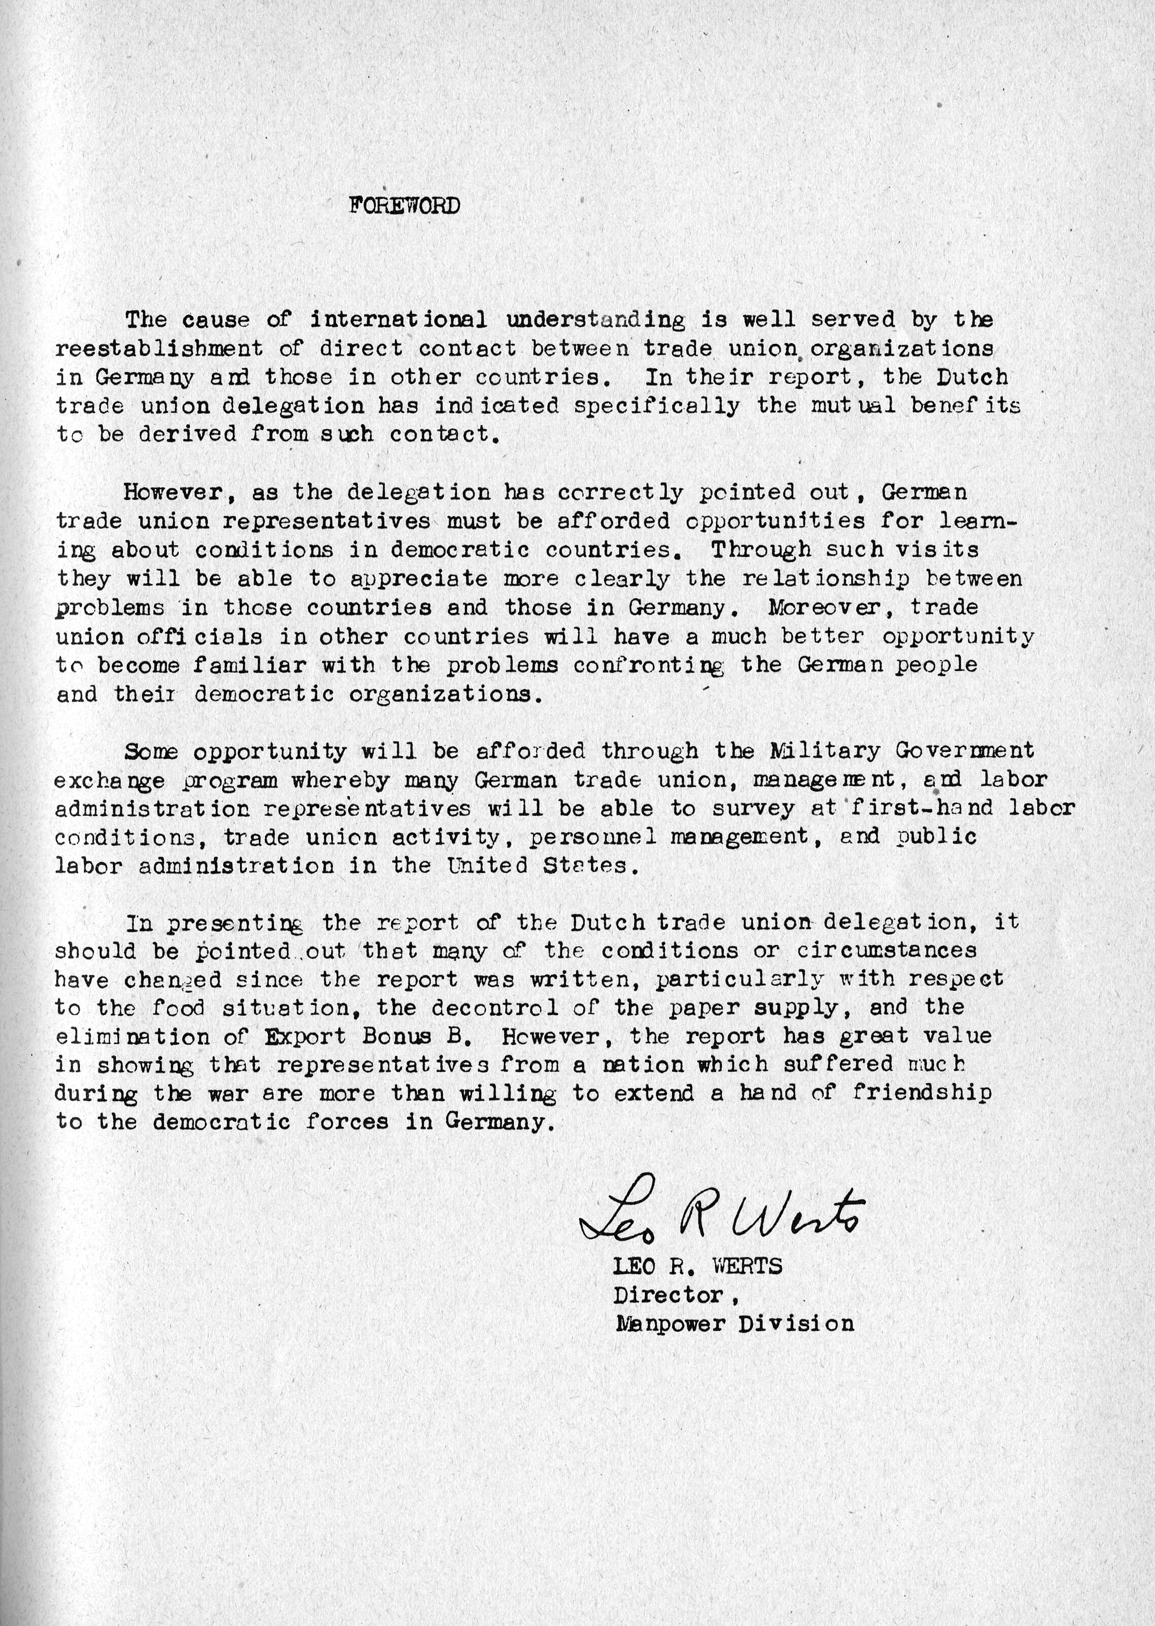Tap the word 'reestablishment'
pos(159,349)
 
